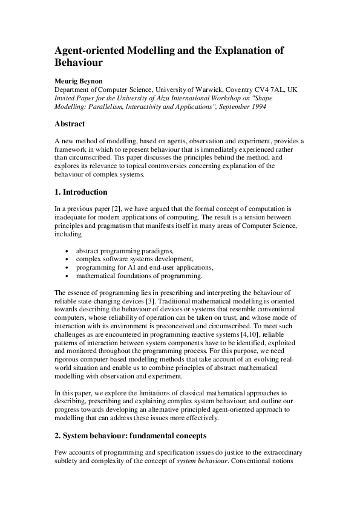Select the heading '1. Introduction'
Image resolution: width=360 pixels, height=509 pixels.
[81, 192]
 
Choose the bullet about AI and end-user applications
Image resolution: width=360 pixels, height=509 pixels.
[143, 267]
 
